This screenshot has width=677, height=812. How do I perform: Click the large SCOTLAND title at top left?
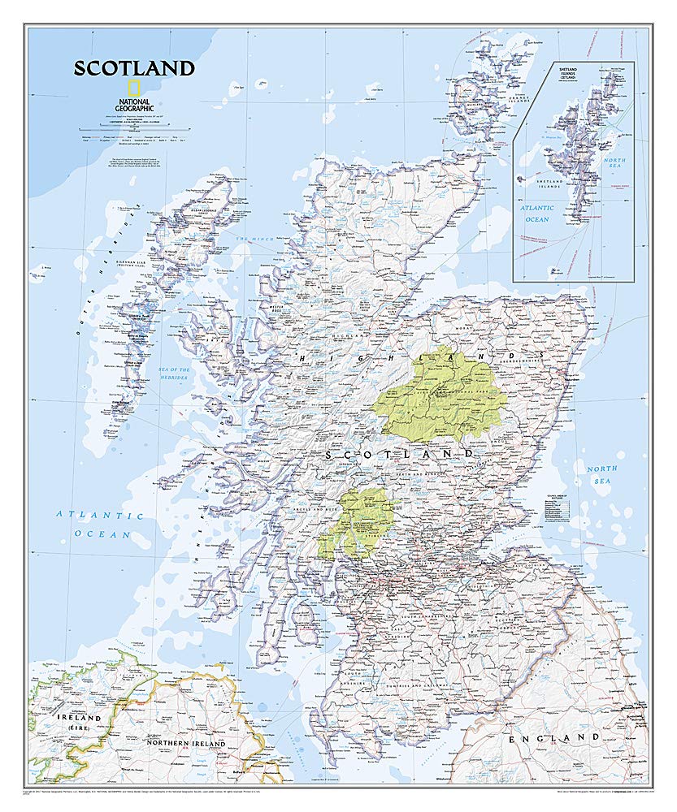tap(134, 68)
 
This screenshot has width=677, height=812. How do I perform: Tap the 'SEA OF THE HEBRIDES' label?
tap(173, 374)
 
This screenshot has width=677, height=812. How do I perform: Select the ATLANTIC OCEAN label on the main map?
tap(100, 525)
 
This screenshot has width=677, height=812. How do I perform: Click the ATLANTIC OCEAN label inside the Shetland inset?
tap(537, 213)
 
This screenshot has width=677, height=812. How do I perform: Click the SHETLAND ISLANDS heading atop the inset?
tap(572, 73)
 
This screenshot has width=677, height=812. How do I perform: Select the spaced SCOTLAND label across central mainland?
tap(399, 454)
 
